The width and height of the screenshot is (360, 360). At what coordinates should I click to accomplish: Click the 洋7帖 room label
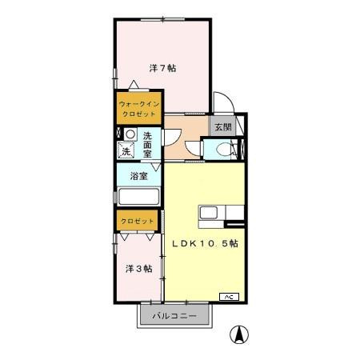coord(162,67)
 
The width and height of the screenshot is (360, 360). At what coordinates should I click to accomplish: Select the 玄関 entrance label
coord(222,126)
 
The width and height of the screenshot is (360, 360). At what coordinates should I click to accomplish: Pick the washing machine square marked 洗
coord(126,150)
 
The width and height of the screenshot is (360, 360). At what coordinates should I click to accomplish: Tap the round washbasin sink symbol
coord(128,134)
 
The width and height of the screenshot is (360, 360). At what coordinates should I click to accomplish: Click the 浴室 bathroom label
coord(138,176)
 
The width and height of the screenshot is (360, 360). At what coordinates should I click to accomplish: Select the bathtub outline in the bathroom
coord(140,197)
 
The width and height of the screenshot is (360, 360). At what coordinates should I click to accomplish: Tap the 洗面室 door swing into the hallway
coord(173,138)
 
